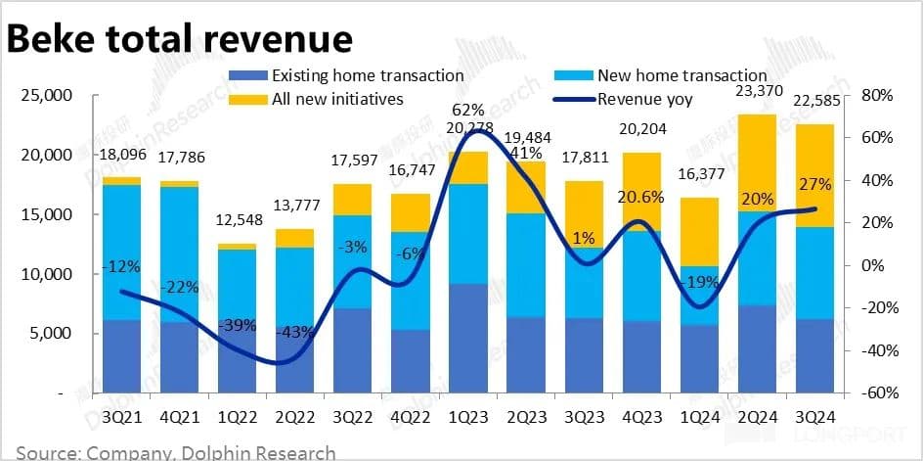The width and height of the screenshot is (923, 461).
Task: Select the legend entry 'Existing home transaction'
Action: coord(368,74)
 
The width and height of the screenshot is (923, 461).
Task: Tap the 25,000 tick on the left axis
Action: coord(46,96)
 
